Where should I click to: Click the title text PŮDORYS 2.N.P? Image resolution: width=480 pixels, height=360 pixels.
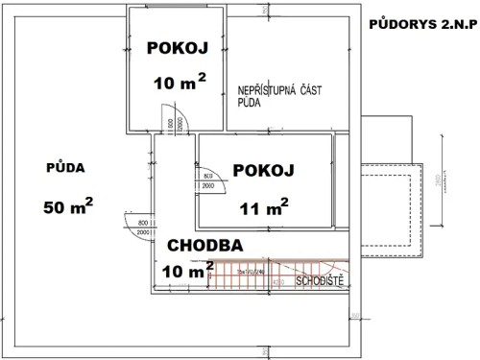421,23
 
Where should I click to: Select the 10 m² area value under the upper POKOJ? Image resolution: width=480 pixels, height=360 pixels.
179,83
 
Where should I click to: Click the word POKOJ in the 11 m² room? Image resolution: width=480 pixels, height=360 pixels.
262,170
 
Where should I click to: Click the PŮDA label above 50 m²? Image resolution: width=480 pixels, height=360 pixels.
65,168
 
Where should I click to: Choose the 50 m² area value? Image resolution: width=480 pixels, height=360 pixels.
68,205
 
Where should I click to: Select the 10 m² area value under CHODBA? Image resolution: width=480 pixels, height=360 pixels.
187,273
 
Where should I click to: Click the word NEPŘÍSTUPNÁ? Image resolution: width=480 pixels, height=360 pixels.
268,91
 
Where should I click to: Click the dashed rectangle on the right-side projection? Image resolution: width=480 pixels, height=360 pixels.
389,206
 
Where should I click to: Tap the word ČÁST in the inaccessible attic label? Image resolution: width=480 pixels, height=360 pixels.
310,91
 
